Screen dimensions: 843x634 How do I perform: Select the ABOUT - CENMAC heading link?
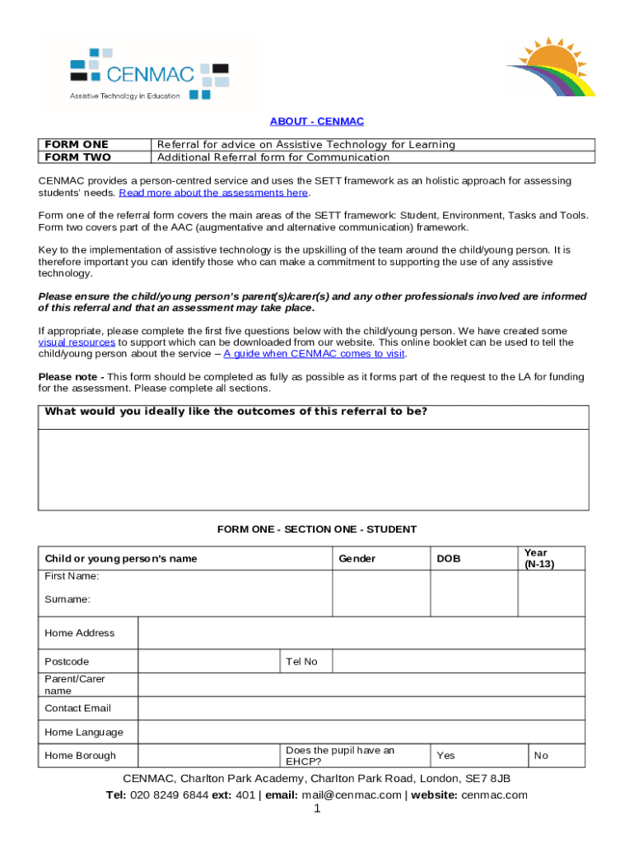pyautogui.click(x=316, y=122)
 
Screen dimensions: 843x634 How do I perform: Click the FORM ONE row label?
pyautogui.click(x=77, y=145)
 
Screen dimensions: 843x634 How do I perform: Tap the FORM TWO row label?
pyautogui.click(x=77, y=157)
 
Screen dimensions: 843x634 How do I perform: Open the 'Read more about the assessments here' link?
pyautogui.click(x=213, y=193)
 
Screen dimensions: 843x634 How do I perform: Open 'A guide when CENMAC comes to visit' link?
pyautogui.click(x=315, y=354)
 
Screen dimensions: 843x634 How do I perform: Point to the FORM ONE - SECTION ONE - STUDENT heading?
pyautogui.click(x=316, y=529)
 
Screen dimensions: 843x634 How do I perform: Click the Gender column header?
pyautogui.click(x=357, y=559)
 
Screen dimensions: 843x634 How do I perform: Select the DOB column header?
pyautogui.click(x=448, y=559)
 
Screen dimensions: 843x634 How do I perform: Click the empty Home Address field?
pyautogui.click(x=361, y=633)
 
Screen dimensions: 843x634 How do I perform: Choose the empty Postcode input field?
pyautogui.click(x=207, y=662)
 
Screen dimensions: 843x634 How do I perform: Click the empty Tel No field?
pyautogui.click(x=458, y=662)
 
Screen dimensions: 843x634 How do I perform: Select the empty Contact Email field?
pyautogui.click(x=361, y=708)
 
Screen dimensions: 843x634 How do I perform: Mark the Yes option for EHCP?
pyautogui.click(x=445, y=756)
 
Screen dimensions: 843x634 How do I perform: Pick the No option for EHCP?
pyautogui.click(x=541, y=756)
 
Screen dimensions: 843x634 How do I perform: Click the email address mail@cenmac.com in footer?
pyautogui.click(x=352, y=795)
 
